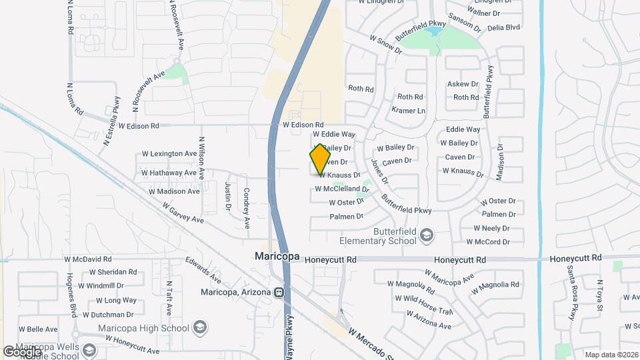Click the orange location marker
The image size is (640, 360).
pyautogui.click(x=320, y=159)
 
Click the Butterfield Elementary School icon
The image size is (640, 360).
pyautogui.click(x=426, y=233)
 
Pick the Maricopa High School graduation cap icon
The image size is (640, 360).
pyautogui.click(x=201, y=327)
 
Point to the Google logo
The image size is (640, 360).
pyautogui.click(x=22, y=351)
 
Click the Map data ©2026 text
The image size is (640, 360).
pyautogui.click(x=610, y=354)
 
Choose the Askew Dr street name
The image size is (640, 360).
pyautogui.click(x=463, y=84)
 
